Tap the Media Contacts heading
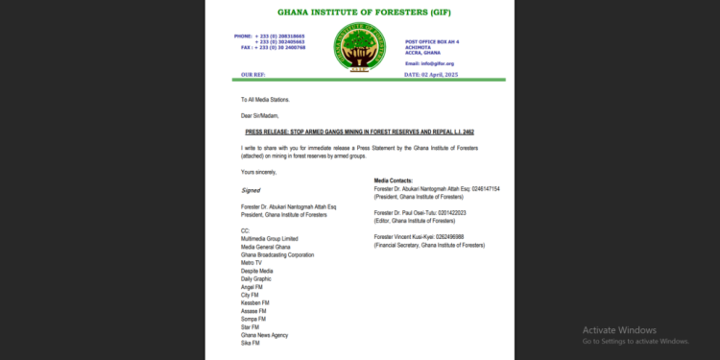[398, 180]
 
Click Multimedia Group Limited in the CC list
[270, 237]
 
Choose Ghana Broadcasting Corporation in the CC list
[277, 254]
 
